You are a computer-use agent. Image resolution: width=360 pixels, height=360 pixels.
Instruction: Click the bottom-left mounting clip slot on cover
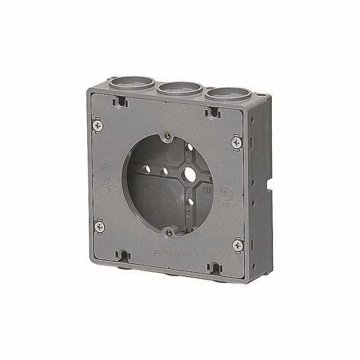(x=124, y=257)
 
